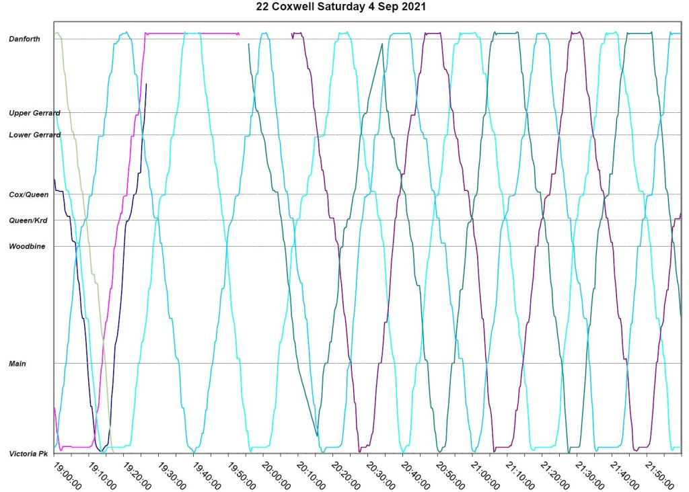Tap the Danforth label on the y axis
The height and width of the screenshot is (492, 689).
pos(24,39)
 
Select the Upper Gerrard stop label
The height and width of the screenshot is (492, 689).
pos(34,113)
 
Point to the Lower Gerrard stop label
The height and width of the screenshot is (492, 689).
pos(34,135)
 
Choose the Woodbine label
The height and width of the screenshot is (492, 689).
pos(27,247)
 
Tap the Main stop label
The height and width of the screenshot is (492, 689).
pos(17,364)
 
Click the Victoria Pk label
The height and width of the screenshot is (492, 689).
pos(28,454)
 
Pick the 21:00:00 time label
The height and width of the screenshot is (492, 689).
pos(484,474)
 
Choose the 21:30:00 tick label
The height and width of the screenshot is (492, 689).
pos(589,474)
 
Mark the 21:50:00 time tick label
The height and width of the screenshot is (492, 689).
pos(658,474)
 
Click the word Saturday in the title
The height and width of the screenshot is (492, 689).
pos(360,7)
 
